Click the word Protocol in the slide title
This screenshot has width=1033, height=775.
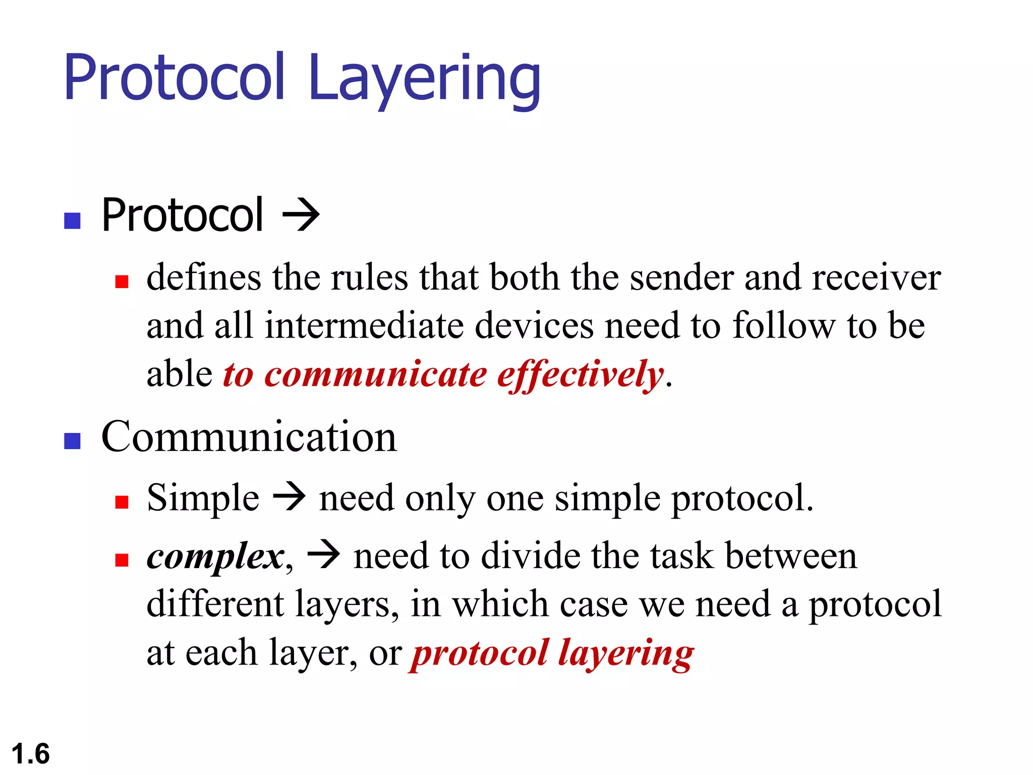point(175,78)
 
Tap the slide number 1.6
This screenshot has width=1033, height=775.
point(30,754)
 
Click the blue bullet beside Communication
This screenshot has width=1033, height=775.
point(73,441)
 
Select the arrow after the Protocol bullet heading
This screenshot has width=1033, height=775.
point(301,215)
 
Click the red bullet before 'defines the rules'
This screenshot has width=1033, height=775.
point(122,281)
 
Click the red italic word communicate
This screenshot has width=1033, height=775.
point(376,375)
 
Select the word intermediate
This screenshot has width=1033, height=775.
point(364,326)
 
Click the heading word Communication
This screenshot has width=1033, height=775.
point(249,437)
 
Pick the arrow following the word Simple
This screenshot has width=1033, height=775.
point(289,497)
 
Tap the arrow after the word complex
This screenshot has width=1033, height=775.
point(324,555)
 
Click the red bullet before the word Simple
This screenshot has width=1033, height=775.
point(122,502)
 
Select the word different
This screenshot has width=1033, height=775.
point(215,604)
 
